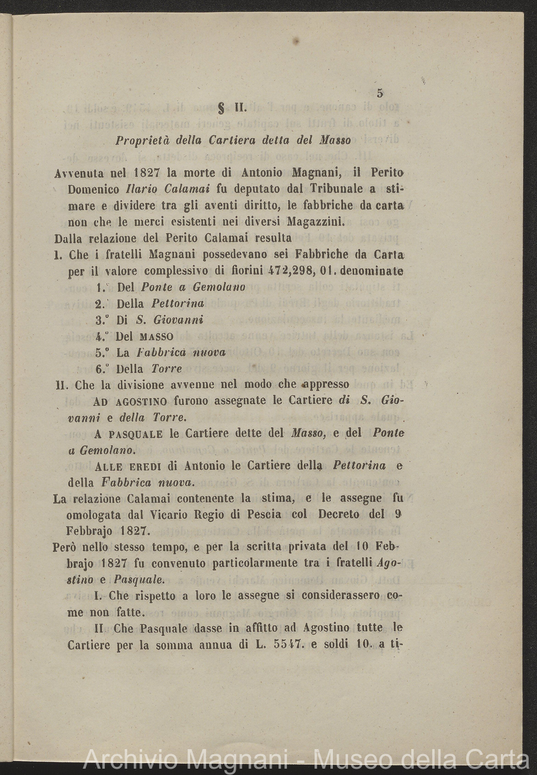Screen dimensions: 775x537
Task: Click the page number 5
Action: tap(380, 93)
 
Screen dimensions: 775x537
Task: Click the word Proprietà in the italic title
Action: tap(140, 141)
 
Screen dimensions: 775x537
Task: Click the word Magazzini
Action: tap(317, 222)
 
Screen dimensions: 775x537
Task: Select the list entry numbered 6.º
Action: tap(138, 369)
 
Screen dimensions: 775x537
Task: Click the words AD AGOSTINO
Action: tap(130, 401)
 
